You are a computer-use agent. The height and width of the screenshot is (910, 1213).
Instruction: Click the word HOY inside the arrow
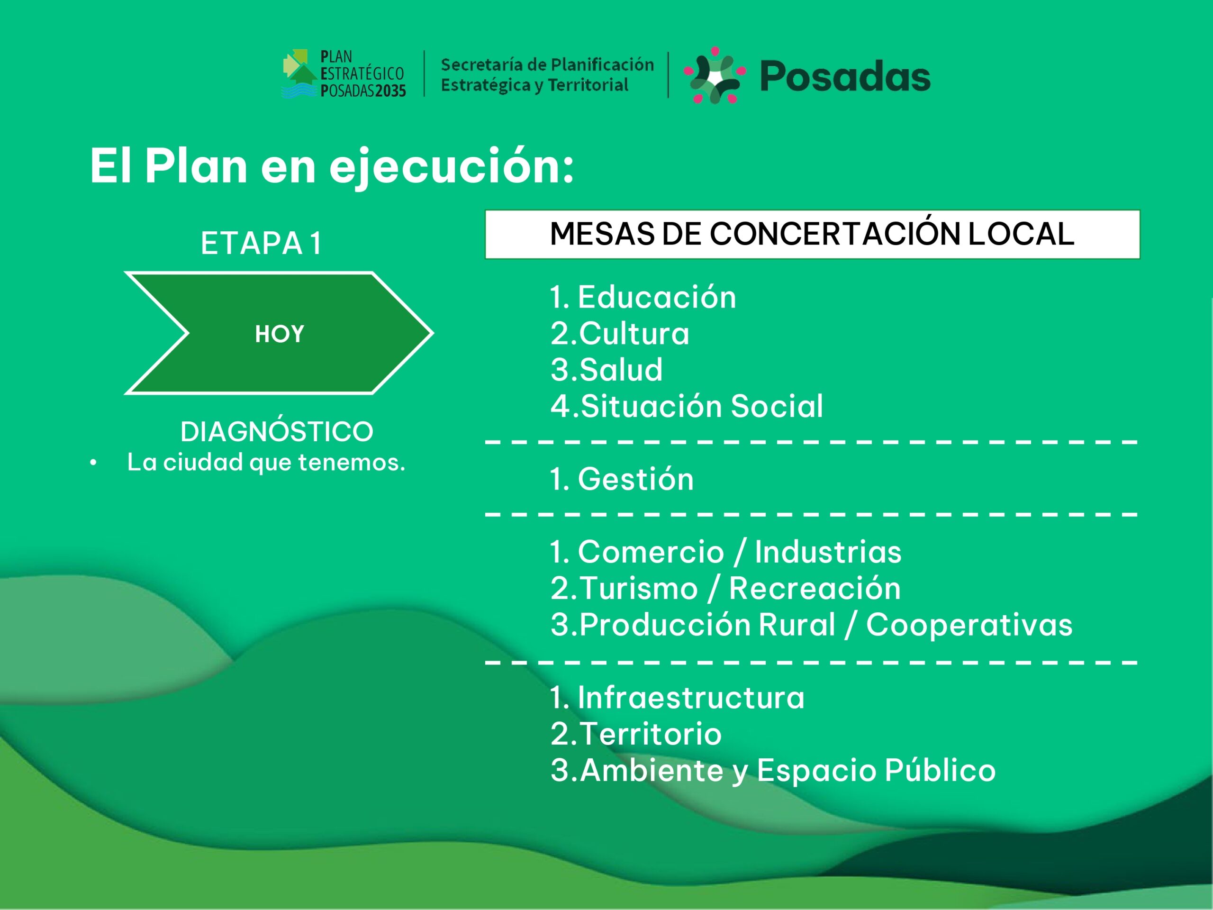(x=279, y=334)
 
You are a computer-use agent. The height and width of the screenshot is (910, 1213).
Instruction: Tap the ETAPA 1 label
(x=261, y=243)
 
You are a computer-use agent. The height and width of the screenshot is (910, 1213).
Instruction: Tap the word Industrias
(x=828, y=551)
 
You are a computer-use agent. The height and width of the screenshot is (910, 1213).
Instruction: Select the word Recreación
(x=815, y=588)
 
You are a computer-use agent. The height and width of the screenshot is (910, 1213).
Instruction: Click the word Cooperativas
(x=969, y=625)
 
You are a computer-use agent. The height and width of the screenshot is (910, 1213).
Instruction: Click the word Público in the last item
(x=941, y=770)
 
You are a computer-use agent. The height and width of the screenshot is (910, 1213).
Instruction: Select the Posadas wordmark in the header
(x=845, y=76)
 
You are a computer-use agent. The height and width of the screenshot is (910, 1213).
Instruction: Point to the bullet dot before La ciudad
(x=93, y=463)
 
